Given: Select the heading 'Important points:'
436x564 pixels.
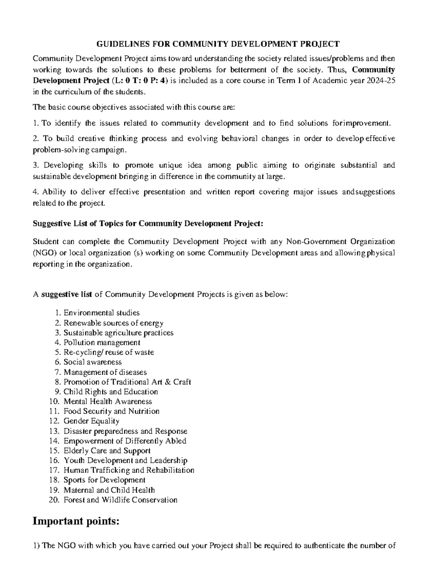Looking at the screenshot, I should [76, 522].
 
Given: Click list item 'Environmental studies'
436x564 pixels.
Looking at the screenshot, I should [101, 313].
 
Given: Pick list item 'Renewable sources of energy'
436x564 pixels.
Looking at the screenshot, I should [113, 323].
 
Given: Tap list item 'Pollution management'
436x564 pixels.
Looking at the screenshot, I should [102, 342].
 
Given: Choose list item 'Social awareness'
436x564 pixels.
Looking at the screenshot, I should [92, 362].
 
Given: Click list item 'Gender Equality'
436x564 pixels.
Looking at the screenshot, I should [91, 421].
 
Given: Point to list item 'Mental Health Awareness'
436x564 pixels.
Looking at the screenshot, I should [108, 402].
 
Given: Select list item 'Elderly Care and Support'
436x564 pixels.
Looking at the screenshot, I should [107, 451].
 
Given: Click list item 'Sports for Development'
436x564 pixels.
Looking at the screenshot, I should [104, 480].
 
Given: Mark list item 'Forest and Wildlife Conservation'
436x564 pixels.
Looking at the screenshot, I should [120, 500].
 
